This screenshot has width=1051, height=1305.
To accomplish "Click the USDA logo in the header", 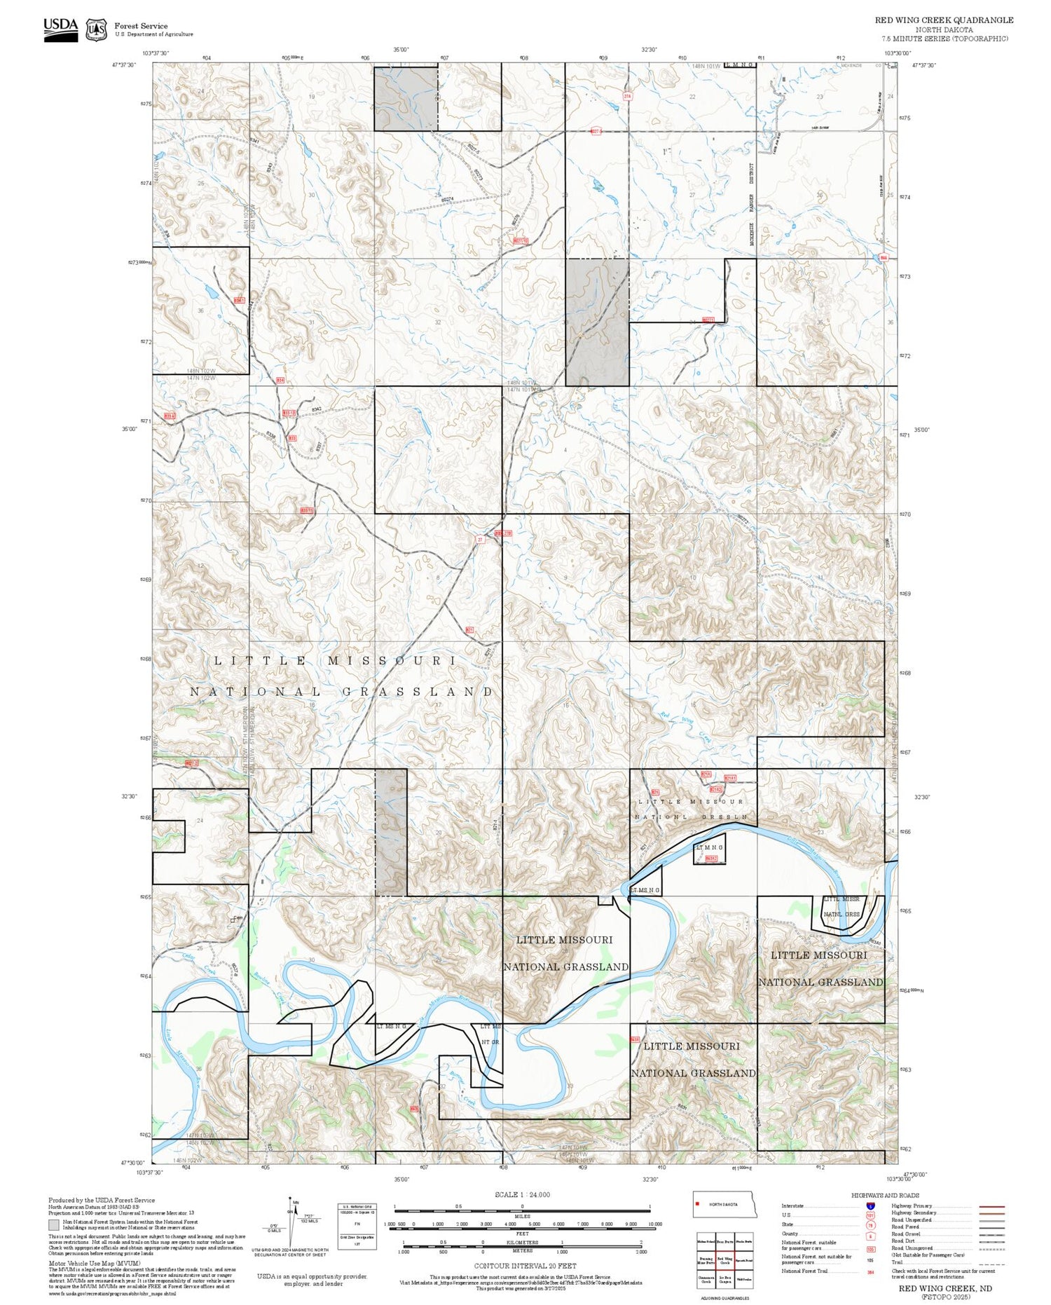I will (61, 29).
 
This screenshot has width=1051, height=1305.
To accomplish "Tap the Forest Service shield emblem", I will (96, 30).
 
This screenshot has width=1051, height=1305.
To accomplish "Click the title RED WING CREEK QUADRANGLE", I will (943, 20).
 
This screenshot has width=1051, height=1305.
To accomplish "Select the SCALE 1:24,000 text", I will (522, 1194).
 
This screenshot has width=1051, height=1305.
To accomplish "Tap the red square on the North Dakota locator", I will (698, 1204).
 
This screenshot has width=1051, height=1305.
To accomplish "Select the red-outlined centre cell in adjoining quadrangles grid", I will (725, 1261).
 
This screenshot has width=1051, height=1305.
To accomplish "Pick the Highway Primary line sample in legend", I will (991, 1207).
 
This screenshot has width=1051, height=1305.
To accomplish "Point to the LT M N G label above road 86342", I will (708, 847).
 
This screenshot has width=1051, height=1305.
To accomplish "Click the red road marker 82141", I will (730, 778).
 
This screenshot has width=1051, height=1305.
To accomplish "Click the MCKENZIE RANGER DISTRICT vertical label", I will (751, 200).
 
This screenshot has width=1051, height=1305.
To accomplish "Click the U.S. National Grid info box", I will (357, 1222).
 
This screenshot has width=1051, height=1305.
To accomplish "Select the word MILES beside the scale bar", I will (522, 1216).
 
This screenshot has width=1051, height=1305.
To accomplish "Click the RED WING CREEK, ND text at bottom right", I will (945, 1288).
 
